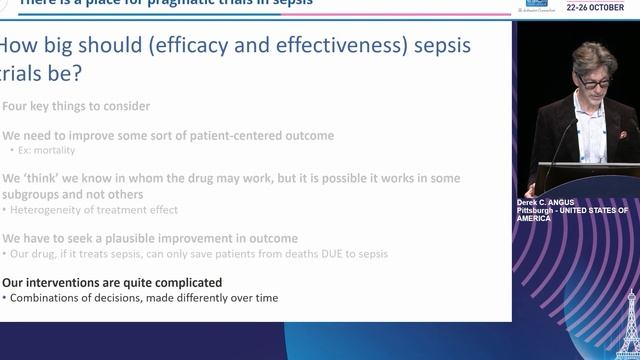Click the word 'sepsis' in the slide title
(435, 46)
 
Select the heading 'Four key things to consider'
(76, 106)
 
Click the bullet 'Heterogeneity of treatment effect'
(93, 209)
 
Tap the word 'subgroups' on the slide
(37, 194)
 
